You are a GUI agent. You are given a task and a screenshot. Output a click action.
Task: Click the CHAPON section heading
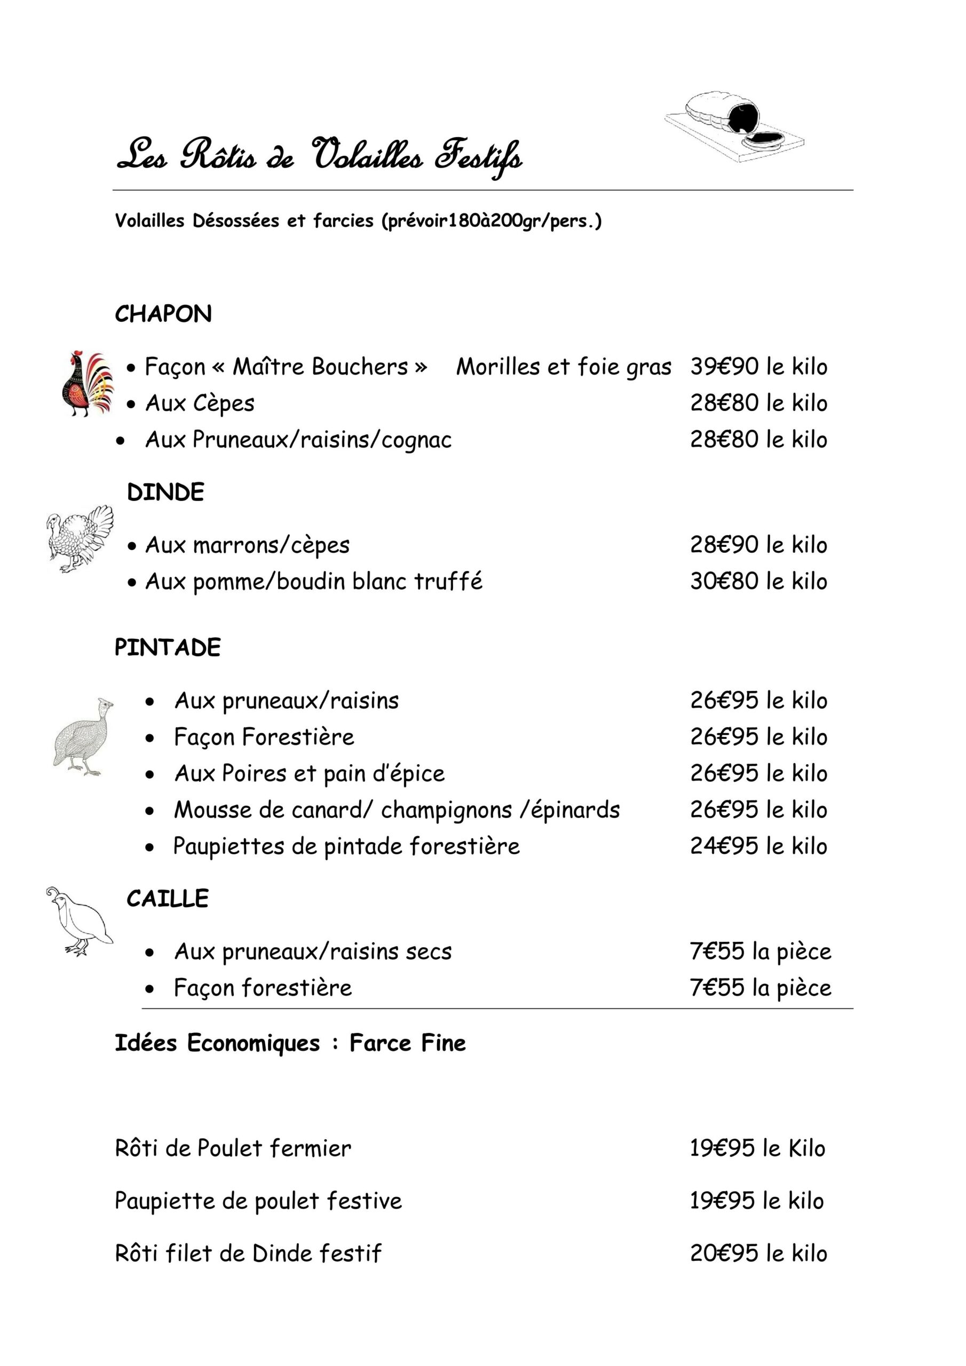click(x=163, y=314)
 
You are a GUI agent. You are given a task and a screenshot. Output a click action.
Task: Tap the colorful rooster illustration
click(x=88, y=384)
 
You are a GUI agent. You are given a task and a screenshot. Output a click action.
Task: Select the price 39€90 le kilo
click(x=758, y=367)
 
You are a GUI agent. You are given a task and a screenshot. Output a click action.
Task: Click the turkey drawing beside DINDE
click(x=80, y=538)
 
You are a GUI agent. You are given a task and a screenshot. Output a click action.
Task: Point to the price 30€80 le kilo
click(x=758, y=581)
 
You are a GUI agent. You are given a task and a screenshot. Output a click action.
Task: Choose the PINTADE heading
click(x=167, y=647)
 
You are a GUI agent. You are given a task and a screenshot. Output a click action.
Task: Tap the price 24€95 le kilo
click(x=758, y=846)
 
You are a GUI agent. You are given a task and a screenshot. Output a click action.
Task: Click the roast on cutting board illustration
click(x=734, y=126)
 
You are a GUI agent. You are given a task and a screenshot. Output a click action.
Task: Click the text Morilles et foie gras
click(x=563, y=367)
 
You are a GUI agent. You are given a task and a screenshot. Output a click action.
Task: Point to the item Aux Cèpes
click(x=200, y=403)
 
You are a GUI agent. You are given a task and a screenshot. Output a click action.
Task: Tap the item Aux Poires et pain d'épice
click(x=309, y=773)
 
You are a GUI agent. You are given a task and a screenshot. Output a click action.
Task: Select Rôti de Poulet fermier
click(x=233, y=1148)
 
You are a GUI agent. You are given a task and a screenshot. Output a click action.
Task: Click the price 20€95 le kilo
click(x=758, y=1253)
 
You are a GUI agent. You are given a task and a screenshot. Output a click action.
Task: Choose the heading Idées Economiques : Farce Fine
click(x=290, y=1043)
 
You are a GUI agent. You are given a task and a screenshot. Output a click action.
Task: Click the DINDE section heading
click(x=165, y=492)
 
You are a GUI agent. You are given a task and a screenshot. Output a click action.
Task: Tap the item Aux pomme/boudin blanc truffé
click(x=314, y=581)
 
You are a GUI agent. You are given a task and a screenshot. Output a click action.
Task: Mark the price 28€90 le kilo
click(x=758, y=545)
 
